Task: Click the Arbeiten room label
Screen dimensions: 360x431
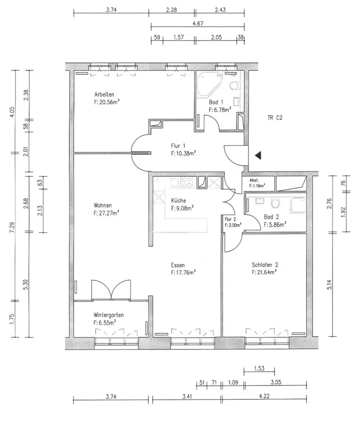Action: click(x=104, y=94)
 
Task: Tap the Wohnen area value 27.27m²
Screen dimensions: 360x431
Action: click(x=106, y=213)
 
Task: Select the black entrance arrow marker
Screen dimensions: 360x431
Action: click(x=258, y=156)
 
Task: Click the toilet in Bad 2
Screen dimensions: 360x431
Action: click(x=275, y=203)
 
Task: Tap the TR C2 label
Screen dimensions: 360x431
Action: click(x=275, y=118)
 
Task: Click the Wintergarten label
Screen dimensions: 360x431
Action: click(x=108, y=315)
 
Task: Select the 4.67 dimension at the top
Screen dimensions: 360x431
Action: click(x=198, y=23)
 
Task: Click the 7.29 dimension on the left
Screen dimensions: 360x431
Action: click(x=11, y=227)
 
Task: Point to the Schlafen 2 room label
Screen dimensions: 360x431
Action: click(x=265, y=265)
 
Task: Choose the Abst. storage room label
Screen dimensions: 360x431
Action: click(x=254, y=181)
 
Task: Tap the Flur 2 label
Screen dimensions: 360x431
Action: click(x=230, y=219)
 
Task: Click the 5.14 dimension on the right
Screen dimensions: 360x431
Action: click(x=329, y=284)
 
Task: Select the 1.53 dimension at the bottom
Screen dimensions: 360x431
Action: click(x=259, y=369)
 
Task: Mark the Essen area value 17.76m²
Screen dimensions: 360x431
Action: click(x=183, y=273)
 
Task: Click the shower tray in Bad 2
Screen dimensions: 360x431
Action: click(x=298, y=205)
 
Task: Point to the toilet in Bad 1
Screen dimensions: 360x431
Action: click(x=234, y=85)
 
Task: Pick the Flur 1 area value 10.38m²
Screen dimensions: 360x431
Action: click(x=183, y=153)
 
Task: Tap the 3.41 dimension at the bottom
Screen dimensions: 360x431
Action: click(x=186, y=397)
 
